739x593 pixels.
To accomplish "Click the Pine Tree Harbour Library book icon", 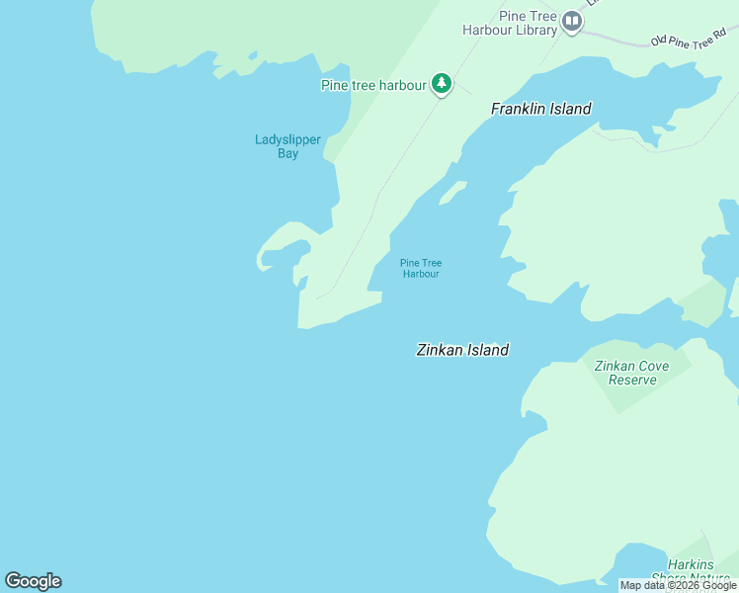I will [571, 21].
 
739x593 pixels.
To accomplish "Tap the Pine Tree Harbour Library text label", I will [510, 24].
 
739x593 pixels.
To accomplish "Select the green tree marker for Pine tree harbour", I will [443, 85].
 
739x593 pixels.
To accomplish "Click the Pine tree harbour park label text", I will [373, 86].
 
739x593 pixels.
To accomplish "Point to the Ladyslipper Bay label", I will [287, 146].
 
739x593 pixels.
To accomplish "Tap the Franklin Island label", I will [541, 109].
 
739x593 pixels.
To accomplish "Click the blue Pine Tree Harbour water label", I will [421, 268].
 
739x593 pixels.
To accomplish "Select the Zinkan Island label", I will [462, 350].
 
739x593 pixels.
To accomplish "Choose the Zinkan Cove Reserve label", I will [632, 373].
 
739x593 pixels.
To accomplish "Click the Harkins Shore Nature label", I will [698, 571].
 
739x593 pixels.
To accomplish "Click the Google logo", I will [33, 581].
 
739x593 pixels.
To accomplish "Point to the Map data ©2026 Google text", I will [678, 586].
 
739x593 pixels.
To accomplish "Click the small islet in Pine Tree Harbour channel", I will [452, 192].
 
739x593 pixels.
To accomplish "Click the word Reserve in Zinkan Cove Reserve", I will [632, 380].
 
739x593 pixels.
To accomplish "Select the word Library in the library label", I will [538, 31].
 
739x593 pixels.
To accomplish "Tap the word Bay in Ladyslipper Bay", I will [287, 154].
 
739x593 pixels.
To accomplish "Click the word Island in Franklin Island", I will [570, 109].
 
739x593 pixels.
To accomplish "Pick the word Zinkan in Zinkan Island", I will [440, 350].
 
